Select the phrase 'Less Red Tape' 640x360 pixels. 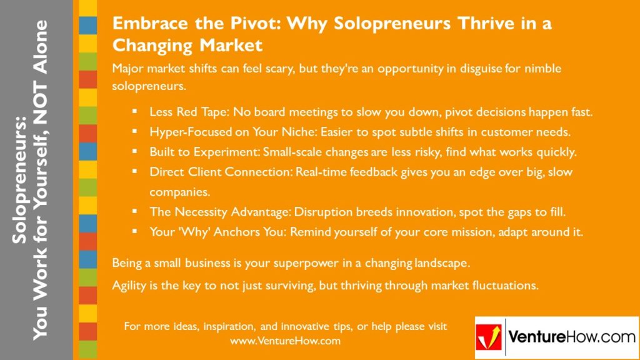pos(186,112)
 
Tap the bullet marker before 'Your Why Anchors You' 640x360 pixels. pos(134,231)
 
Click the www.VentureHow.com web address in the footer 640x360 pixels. pos(285,341)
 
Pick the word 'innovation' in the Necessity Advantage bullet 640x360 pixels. pos(409,212)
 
